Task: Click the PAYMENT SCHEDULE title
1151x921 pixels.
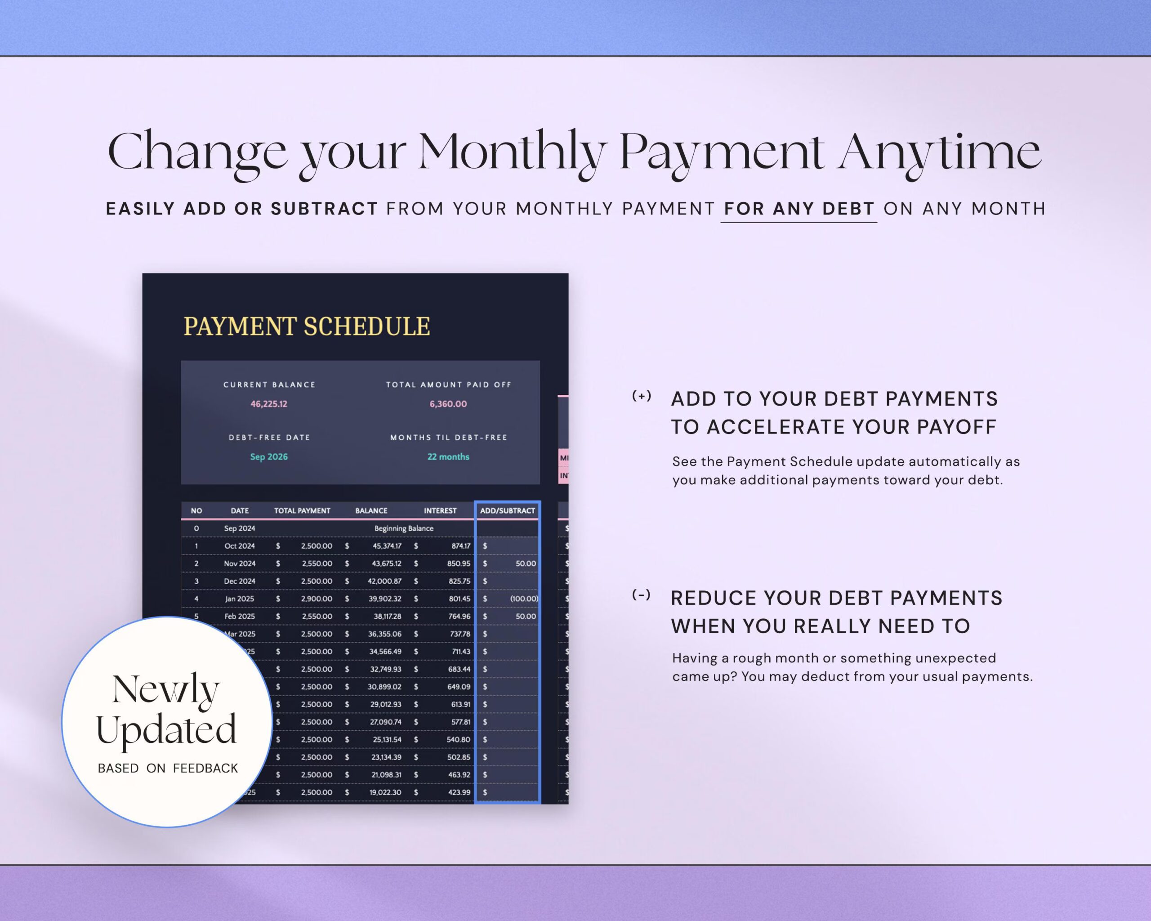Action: (x=307, y=326)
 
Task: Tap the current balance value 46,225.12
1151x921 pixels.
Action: (x=269, y=404)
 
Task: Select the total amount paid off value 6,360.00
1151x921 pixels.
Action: (x=448, y=404)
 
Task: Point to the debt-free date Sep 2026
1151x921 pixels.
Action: (x=269, y=456)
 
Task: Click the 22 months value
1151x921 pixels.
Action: (x=448, y=456)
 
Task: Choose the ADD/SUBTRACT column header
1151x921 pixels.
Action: (x=507, y=510)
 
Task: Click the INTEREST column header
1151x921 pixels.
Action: (x=440, y=510)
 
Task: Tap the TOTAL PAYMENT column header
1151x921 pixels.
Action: (x=302, y=510)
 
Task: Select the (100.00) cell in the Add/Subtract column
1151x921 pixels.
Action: (x=524, y=599)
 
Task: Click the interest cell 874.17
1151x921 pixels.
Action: (x=461, y=545)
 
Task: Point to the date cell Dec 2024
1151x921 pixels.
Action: (x=240, y=581)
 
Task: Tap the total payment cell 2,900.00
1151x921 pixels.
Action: (x=316, y=599)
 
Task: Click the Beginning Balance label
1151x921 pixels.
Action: (x=404, y=528)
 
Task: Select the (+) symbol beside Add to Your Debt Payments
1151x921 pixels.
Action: (x=641, y=396)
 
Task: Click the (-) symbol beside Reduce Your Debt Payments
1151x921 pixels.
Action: (x=641, y=595)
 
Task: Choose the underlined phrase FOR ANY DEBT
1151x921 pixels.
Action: (x=799, y=208)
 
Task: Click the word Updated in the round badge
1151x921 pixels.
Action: (x=166, y=729)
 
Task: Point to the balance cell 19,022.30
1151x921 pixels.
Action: (x=385, y=792)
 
